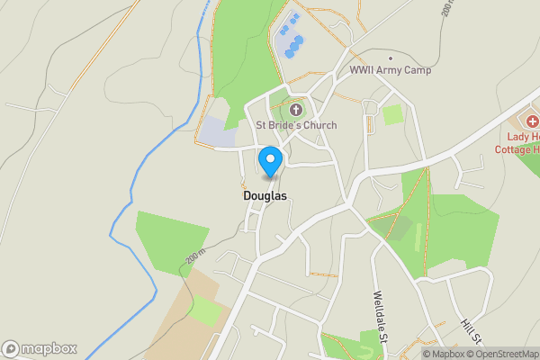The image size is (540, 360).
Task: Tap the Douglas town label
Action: (265, 195)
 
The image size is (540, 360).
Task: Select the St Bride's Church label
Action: (296, 125)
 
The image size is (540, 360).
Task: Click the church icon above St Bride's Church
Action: (296, 110)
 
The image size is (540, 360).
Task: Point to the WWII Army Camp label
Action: (391, 70)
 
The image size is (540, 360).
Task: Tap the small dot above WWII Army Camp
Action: (391, 58)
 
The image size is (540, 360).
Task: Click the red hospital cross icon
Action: (532, 121)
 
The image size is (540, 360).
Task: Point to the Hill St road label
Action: (470, 333)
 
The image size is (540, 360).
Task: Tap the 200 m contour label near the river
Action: (197, 256)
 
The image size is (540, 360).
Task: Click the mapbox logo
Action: (39, 348)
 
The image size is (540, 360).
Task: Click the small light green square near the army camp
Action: (392, 114)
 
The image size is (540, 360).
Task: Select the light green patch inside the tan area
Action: (206, 311)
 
